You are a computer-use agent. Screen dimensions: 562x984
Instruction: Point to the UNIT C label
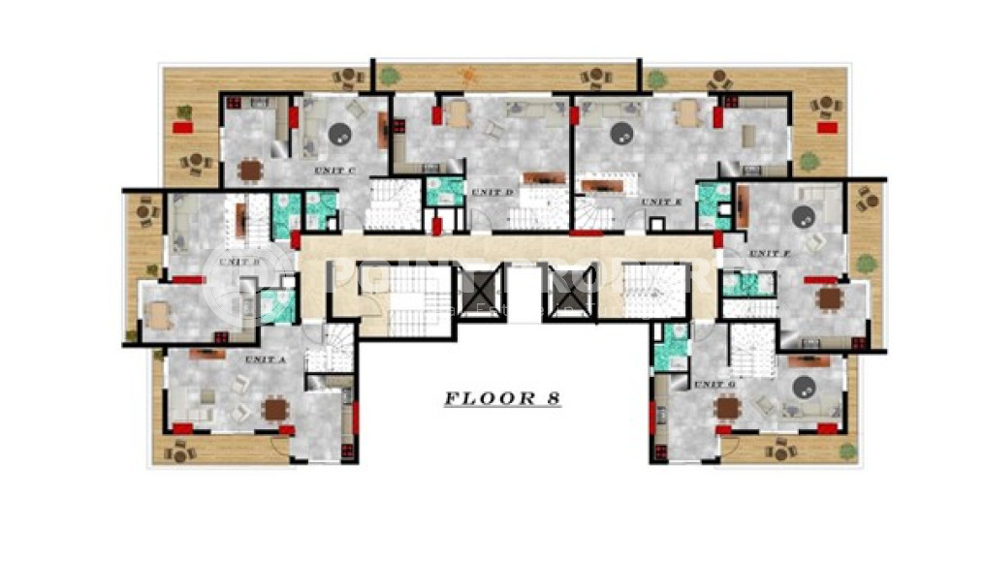(x=335, y=172)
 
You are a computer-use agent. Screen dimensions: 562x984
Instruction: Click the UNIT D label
(x=492, y=192)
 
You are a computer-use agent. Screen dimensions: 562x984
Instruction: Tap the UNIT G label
(x=715, y=385)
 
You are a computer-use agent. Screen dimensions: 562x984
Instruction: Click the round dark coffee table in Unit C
(x=338, y=134)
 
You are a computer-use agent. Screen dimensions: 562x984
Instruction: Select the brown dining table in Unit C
(x=251, y=171)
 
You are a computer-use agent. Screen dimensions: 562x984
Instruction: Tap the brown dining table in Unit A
(x=276, y=409)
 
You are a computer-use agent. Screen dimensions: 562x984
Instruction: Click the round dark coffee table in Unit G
(x=803, y=389)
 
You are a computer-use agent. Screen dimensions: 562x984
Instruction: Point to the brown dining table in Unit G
(x=727, y=408)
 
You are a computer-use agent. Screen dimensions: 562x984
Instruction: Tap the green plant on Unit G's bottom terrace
(x=847, y=451)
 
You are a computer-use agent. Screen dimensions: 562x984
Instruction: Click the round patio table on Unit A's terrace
(x=180, y=451)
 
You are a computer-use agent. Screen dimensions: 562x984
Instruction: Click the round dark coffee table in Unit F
(x=804, y=218)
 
